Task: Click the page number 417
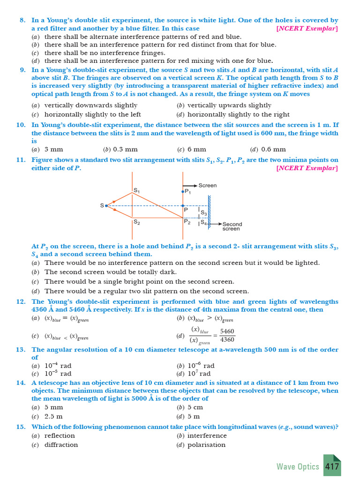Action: [x=332, y=466]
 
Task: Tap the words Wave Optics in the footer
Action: [x=298, y=466]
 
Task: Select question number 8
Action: [x=22, y=21]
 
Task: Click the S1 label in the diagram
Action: [x=136, y=191]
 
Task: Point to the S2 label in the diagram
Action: [x=136, y=222]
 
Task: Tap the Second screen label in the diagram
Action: [x=232, y=226]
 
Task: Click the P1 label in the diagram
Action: [x=187, y=191]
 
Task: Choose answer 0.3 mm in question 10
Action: [x=125, y=150]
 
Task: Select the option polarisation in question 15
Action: [x=206, y=444]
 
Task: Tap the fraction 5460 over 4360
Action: [x=227, y=335]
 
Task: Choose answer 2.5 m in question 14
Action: [x=53, y=416]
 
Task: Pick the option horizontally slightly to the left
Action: [x=92, y=114]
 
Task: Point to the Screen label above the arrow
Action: [x=208, y=185]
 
